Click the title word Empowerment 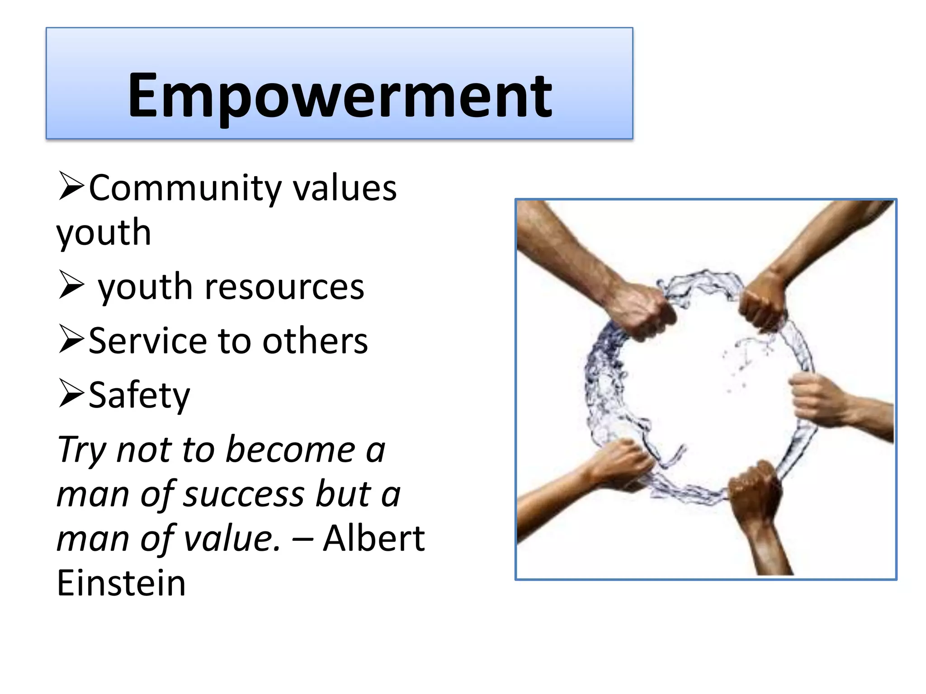coord(339,96)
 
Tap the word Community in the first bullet coord(185,188)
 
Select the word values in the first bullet coord(345,188)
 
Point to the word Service coord(147,341)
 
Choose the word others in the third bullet coord(315,341)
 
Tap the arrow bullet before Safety coord(71,394)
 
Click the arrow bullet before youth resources coord(71,286)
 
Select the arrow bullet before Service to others coord(71,340)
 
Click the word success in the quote coord(244,494)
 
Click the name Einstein coord(121,583)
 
